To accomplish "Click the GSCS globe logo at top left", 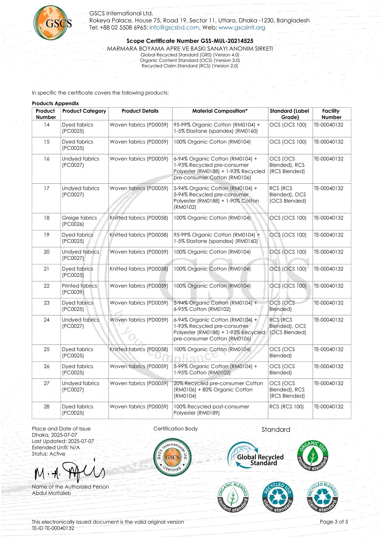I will coord(52,23).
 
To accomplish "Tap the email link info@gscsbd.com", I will coord(174,28).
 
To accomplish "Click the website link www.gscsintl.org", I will coord(242,28).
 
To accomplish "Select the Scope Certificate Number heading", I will coord(190,41).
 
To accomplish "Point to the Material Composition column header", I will coord(220,111).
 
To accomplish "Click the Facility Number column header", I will coord(331,114).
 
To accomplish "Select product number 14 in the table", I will coord(46,125).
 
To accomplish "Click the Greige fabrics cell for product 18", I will coord(79,221).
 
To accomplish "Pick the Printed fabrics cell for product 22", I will coord(79,289).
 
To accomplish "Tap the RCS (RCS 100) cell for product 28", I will coord(286,407).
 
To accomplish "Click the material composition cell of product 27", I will coord(218,389).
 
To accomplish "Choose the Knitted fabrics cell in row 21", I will coord(139,269).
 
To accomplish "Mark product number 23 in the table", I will coord(46,303).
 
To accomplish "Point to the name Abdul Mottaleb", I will coord(51,493).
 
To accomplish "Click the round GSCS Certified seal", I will coord(172,457).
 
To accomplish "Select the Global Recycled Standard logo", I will coord(256,456).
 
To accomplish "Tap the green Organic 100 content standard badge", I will coord(313,456).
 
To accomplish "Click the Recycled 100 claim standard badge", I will coord(278,497).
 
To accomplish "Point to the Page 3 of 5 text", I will coord(334,522).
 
